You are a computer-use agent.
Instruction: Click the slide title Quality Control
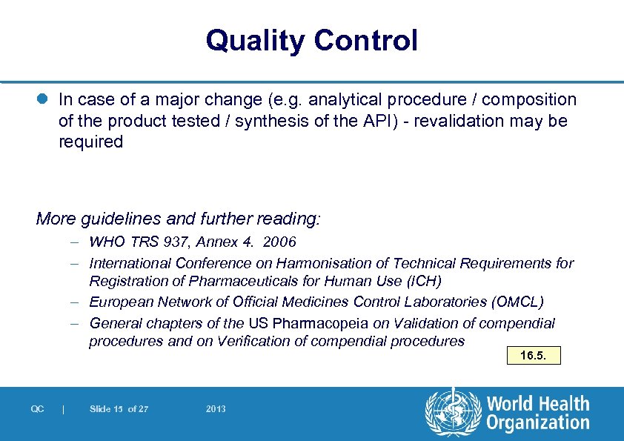point(311,40)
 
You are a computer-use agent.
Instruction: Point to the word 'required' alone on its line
point(90,142)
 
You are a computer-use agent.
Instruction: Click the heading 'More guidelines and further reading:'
point(178,219)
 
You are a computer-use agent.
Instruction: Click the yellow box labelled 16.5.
point(533,356)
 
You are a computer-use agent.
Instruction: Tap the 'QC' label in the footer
point(37,409)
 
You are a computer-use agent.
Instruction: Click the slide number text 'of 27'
point(138,409)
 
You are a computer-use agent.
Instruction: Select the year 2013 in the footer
point(216,409)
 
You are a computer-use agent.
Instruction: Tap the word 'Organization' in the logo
point(537,423)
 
